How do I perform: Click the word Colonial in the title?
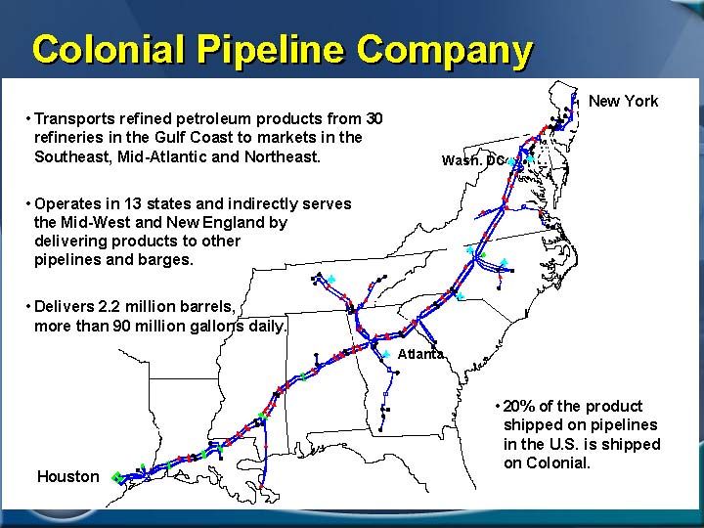[x=109, y=49]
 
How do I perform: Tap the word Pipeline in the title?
[x=271, y=50]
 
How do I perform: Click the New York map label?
[x=623, y=101]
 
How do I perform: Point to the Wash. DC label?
[x=473, y=160]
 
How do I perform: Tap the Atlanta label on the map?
[x=420, y=354]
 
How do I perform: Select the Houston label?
[x=68, y=476]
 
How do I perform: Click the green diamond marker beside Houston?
[x=116, y=477]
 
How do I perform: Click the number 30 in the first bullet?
[x=374, y=118]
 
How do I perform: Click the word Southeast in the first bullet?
[x=71, y=156]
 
